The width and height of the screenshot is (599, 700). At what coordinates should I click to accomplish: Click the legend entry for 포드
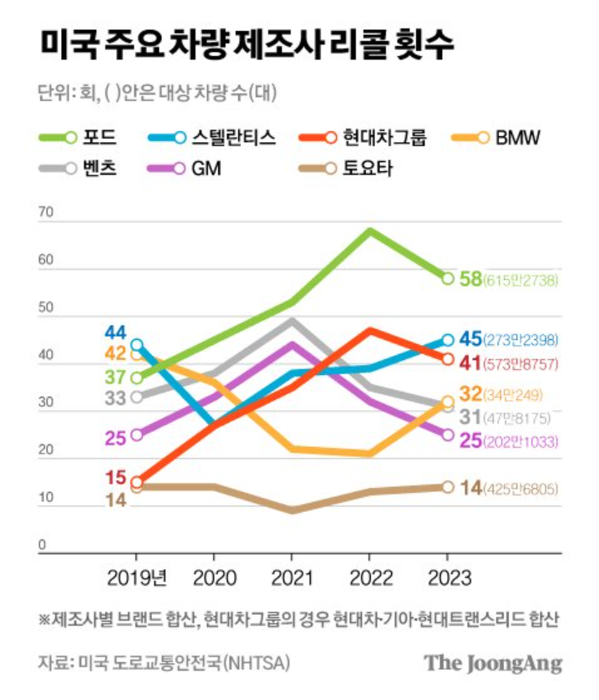[x=79, y=137]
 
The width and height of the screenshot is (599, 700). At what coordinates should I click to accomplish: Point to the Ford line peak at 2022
[x=369, y=231]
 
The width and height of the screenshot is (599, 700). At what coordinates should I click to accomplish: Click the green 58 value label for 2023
[x=471, y=279]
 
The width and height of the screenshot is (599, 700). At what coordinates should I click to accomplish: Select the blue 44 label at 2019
[x=114, y=331]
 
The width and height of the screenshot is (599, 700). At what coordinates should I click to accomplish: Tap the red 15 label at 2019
[x=114, y=479]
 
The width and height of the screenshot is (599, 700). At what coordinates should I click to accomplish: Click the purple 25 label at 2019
[x=114, y=435]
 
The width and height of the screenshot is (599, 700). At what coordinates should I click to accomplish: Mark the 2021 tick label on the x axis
[x=291, y=577]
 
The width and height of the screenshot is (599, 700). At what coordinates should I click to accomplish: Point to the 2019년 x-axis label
[x=137, y=577]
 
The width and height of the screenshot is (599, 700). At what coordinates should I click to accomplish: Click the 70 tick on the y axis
[x=45, y=213]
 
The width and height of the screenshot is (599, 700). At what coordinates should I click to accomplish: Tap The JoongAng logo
[x=492, y=663]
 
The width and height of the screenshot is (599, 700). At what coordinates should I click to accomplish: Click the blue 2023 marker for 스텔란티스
[x=448, y=340]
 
